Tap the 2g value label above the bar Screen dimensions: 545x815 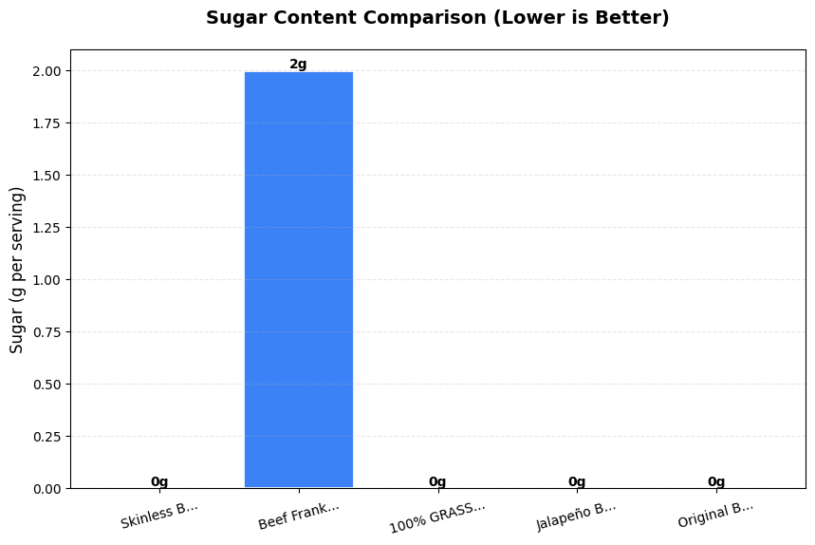(298, 65)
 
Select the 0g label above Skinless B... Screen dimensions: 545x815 (159, 481)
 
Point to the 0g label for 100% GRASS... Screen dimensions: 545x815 (437, 481)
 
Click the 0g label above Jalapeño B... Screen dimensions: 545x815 (577, 481)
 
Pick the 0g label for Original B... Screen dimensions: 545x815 (716, 481)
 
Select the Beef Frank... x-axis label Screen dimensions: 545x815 (298, 516)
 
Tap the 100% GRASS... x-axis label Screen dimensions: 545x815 (437, 516)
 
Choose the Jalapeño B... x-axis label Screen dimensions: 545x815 (576, 515)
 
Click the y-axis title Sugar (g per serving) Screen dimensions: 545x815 (17, 270)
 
